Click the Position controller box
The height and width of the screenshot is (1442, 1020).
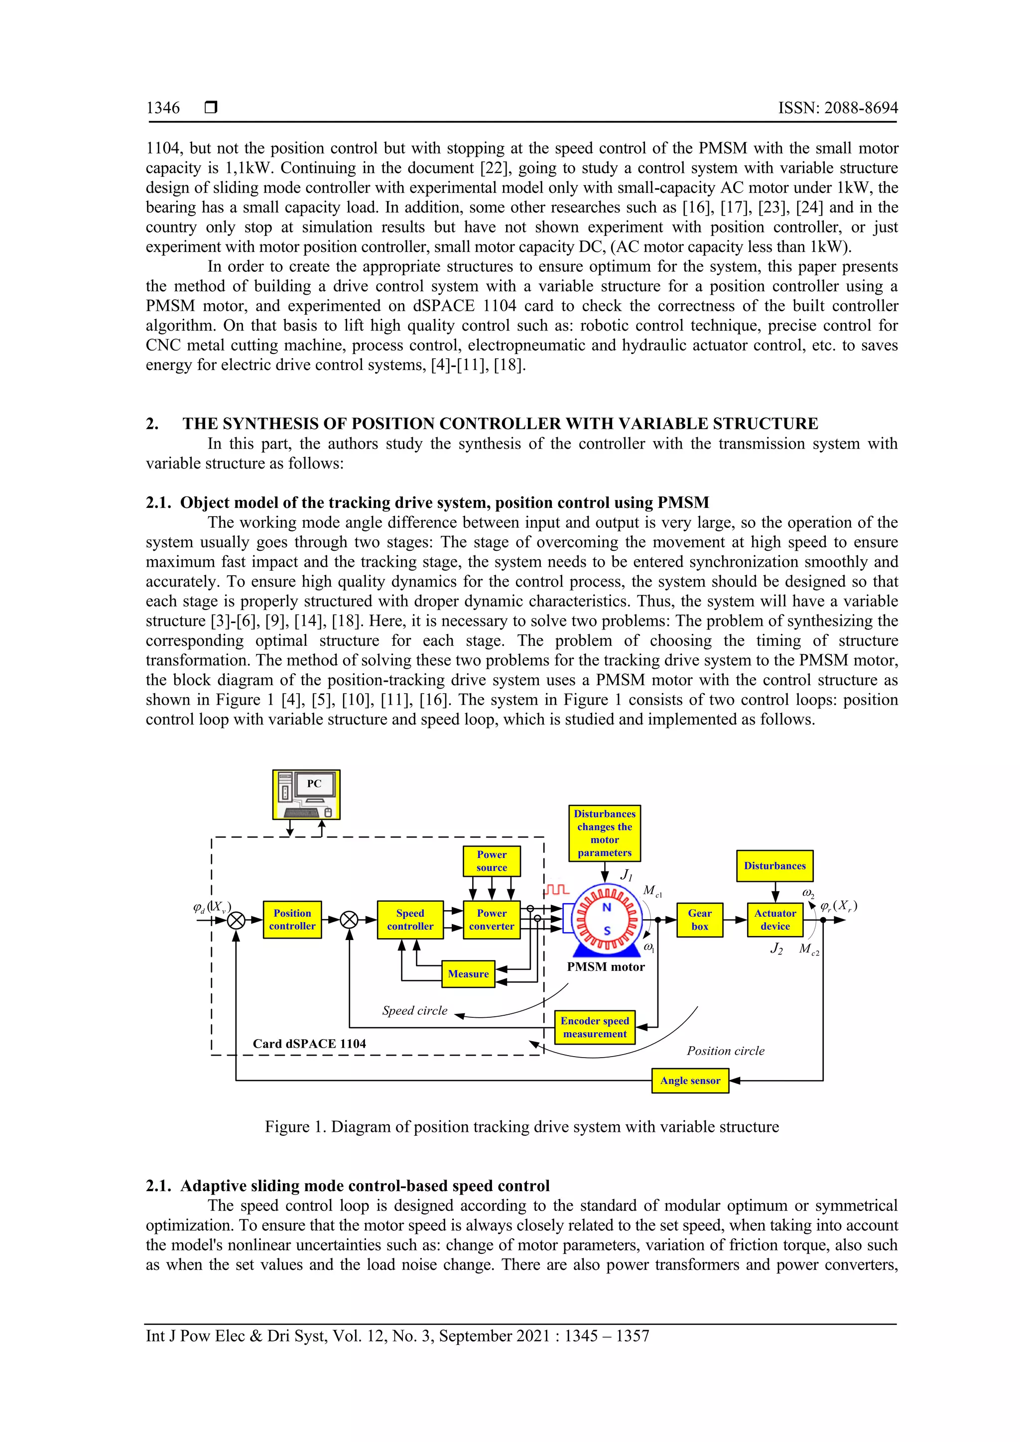click(292, 920)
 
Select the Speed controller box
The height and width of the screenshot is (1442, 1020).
click(410, 920)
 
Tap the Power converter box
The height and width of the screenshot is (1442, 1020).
click(491, 920)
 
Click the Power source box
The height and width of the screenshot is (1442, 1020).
click(491, 861)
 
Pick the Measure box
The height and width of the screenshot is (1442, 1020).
click(468, 974)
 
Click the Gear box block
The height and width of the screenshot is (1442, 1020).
click(700, 920)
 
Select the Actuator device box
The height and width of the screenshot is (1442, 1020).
click(775, 920)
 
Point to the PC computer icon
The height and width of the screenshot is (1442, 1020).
click(306, 795)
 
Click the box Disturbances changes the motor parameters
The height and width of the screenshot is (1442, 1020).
click(604, 833)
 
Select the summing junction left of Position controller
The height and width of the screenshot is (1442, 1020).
click(236, 920)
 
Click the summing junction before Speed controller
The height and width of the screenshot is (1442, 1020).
click(349, 920)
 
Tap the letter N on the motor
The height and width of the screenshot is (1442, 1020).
click(607, 907)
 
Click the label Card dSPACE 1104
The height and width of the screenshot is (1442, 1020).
click(309, 1044)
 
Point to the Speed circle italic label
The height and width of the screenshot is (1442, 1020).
click(414, 1010)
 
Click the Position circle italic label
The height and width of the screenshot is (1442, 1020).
click(726, 1051)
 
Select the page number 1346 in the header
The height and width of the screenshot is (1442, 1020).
click(163, 108)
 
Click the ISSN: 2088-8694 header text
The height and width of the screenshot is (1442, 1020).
click(838, 108)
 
